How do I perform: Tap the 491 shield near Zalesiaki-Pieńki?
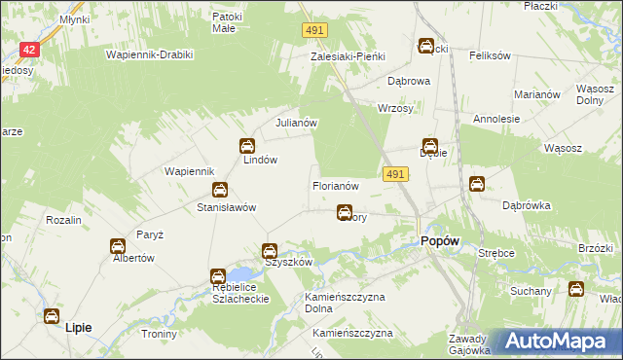(x=312, y=32)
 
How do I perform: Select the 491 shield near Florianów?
(x=421, y=173)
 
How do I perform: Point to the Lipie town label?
(x=77, y=328)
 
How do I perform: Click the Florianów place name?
(x=336, y=185)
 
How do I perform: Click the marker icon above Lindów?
(x=247, y=146)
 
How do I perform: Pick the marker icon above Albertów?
(x=117, y=247)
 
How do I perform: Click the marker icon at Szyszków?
(x=272, y=251)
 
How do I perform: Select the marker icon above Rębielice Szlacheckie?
(x=218, y=276)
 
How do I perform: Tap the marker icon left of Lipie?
(x=51, y=316)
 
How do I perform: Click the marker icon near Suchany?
(x=575, y=289)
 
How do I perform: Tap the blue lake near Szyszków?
(x=241, y=275)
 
